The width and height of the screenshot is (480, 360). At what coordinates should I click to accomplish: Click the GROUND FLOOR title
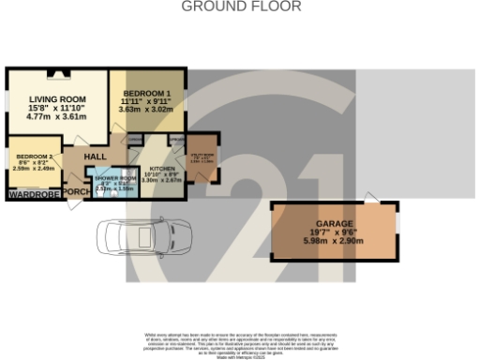[x=240, y=7]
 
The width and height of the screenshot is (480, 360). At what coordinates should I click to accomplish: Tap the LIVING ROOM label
[x=57, y=99]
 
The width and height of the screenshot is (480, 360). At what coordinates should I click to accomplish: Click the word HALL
[x=97, y=157]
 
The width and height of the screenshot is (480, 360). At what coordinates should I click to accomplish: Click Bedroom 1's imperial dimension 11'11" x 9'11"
[x=145, y=101]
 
